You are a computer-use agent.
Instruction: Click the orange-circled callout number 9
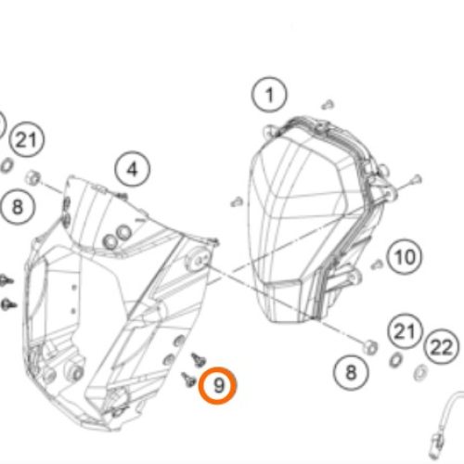pyautogui.click(x=217, y=385)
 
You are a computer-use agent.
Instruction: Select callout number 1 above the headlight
pyautogui.click(x=269, y=95)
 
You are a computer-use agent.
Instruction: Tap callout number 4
pyautogui.click(x=133, y=169)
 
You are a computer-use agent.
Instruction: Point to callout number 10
pyautogui.click(x=405, y=257)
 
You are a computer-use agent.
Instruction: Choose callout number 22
pyautogui.click(x=442, y=347)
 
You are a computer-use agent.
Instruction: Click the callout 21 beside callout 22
pyautogui.click(x=405, y=331)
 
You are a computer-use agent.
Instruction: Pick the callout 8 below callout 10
pyautogui.click(x=351, y=372)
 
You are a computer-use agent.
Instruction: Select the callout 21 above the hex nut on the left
pyautogui.click(x=27, y=139)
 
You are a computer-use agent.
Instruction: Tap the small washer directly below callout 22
pyautogui.click(x=420, y=372)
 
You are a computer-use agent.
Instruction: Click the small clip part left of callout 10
pyautogui.click(x=377, y=264)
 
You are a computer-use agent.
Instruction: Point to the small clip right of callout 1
pyautogui.click(x=328, y=104)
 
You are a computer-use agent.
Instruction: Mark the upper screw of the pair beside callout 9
pyautogui.click(x=199, y=359)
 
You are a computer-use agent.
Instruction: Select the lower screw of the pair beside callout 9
pyautogui.click(x=188, y=380)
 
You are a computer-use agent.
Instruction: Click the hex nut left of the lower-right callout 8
pyautogui.click(x=370, y=347)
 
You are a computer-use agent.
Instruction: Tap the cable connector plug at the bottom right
pyautogui.click(x=437, y=445)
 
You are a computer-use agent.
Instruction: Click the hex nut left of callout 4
pyautogui.click(x=32, y=177)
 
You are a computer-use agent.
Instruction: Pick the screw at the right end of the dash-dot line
pyautogui.click(x=416, y=179)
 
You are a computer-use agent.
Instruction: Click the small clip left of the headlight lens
pyautogui.click(x=237, y=202)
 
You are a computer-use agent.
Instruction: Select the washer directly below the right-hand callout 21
pyautogui.click(x=395, y=360)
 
